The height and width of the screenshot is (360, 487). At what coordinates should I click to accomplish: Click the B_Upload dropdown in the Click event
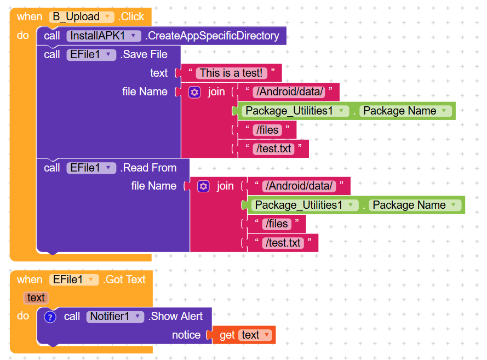coord(82,16)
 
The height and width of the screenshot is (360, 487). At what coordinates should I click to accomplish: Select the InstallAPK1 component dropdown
coord(104,36)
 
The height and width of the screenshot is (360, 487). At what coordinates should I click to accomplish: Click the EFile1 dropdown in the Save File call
coord(91,55)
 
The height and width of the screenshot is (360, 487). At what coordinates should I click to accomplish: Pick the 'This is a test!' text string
coord(231,73)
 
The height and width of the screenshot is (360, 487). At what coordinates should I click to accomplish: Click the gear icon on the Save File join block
coord(194,92)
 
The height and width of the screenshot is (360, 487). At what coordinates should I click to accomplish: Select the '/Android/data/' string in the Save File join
coord(289,92)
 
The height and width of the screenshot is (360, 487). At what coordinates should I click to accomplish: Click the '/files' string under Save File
coord(267,130)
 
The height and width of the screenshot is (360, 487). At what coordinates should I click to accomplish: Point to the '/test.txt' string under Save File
coord(273,149)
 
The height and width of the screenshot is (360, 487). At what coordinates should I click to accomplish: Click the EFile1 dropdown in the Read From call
coord(91,168)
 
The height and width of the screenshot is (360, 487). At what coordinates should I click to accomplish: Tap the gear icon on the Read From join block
coord(203,186)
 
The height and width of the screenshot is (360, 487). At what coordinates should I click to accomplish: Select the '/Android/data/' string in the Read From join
coord(299,186)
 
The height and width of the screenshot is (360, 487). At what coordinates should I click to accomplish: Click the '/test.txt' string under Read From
coord(283,243)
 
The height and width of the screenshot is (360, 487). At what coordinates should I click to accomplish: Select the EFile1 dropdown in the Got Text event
coord(74,279)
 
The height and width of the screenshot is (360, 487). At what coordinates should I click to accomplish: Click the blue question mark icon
coord(50,317)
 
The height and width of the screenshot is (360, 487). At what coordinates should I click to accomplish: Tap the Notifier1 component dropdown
coord(115,317)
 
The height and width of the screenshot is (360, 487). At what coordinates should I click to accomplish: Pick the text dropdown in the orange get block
coord(255,335)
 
